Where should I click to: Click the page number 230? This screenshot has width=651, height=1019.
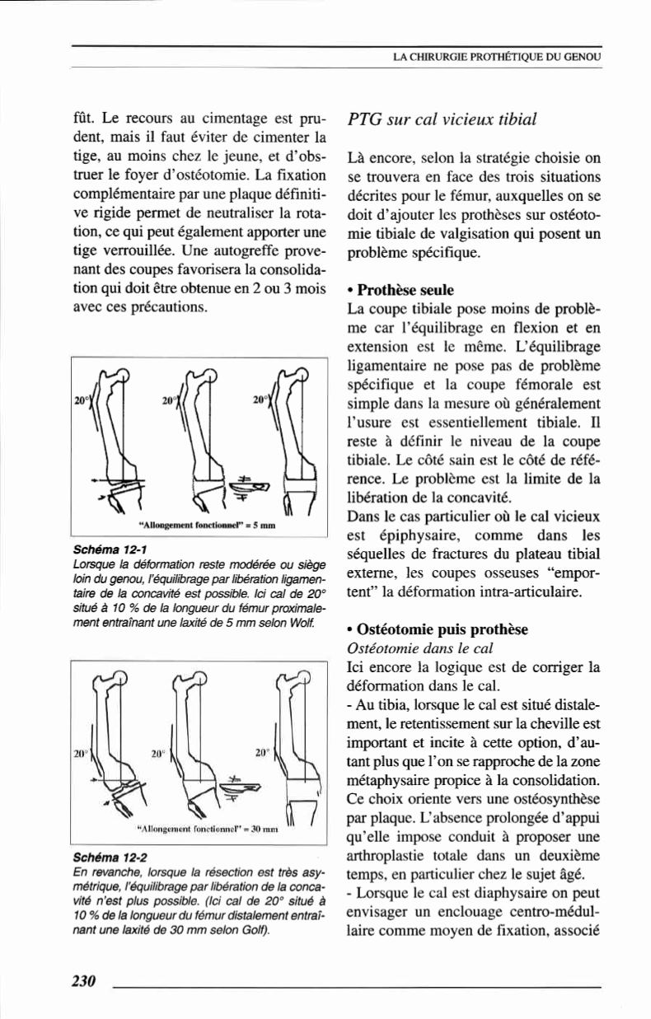85,980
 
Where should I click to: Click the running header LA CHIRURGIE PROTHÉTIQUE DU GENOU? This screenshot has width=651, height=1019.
498,57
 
